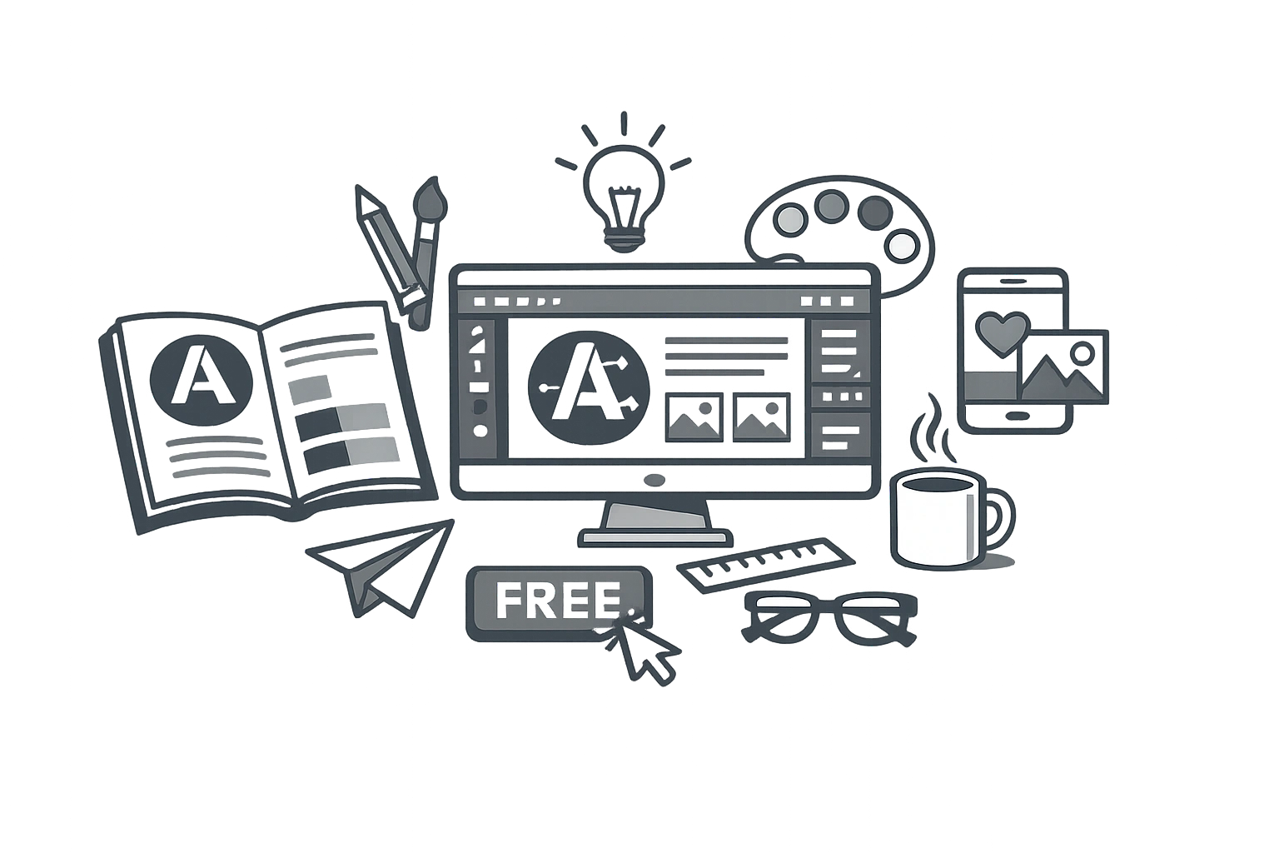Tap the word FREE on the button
[557, 601]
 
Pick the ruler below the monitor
[766, 564]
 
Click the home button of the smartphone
[1015, 414]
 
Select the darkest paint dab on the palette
[875, 212]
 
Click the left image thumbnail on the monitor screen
[694, 417]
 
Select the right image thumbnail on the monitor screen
[761, 417]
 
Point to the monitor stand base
[655, 537]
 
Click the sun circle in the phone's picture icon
[1082, 353]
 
